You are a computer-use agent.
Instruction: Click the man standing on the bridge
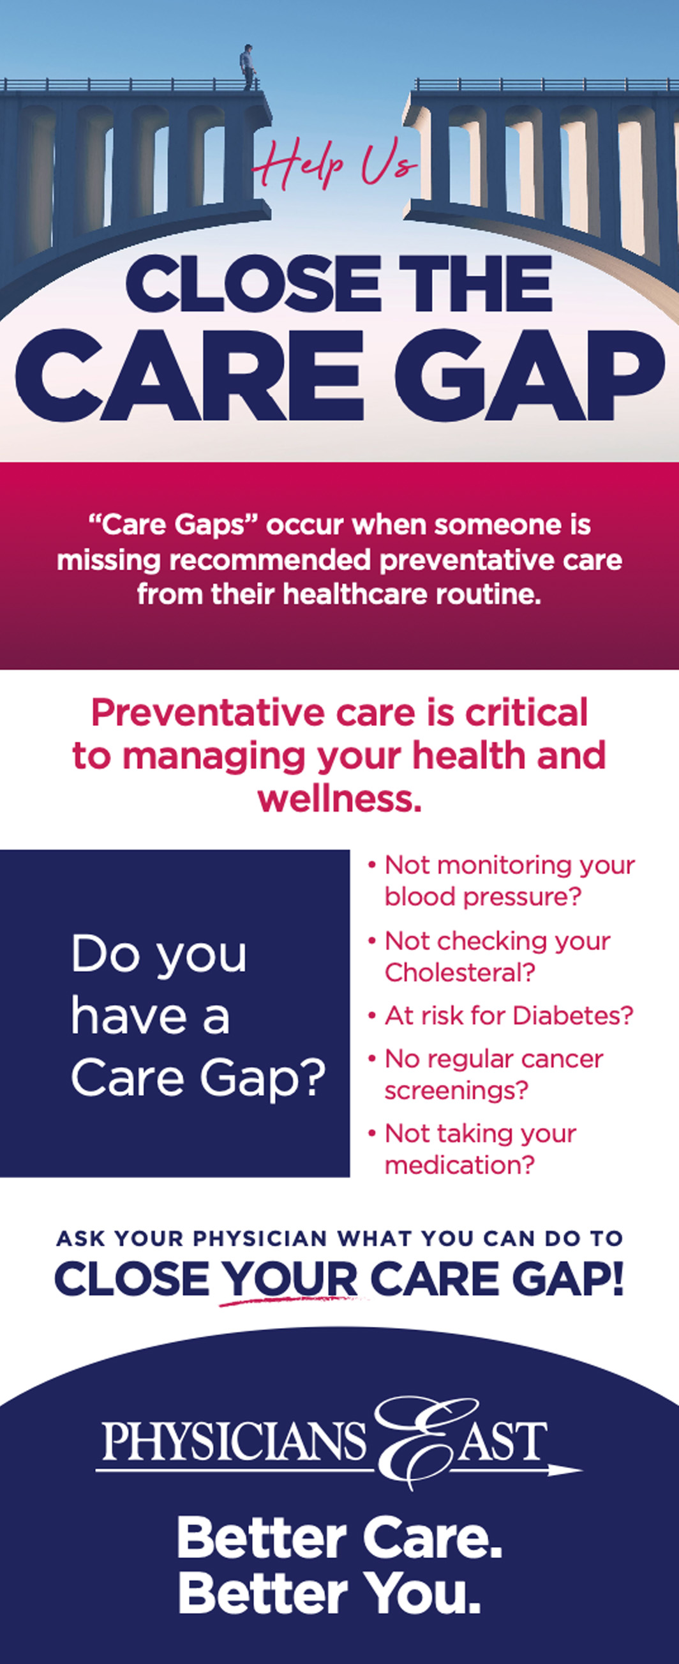coord(247,67)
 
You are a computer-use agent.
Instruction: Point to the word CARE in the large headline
coord(190,375)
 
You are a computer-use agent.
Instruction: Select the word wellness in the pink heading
coord(339,798)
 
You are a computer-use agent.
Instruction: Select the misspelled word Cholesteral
coord(459,972)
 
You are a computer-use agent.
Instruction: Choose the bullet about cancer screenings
coord(486,1074)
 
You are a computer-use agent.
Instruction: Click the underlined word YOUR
coord(289,1278)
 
